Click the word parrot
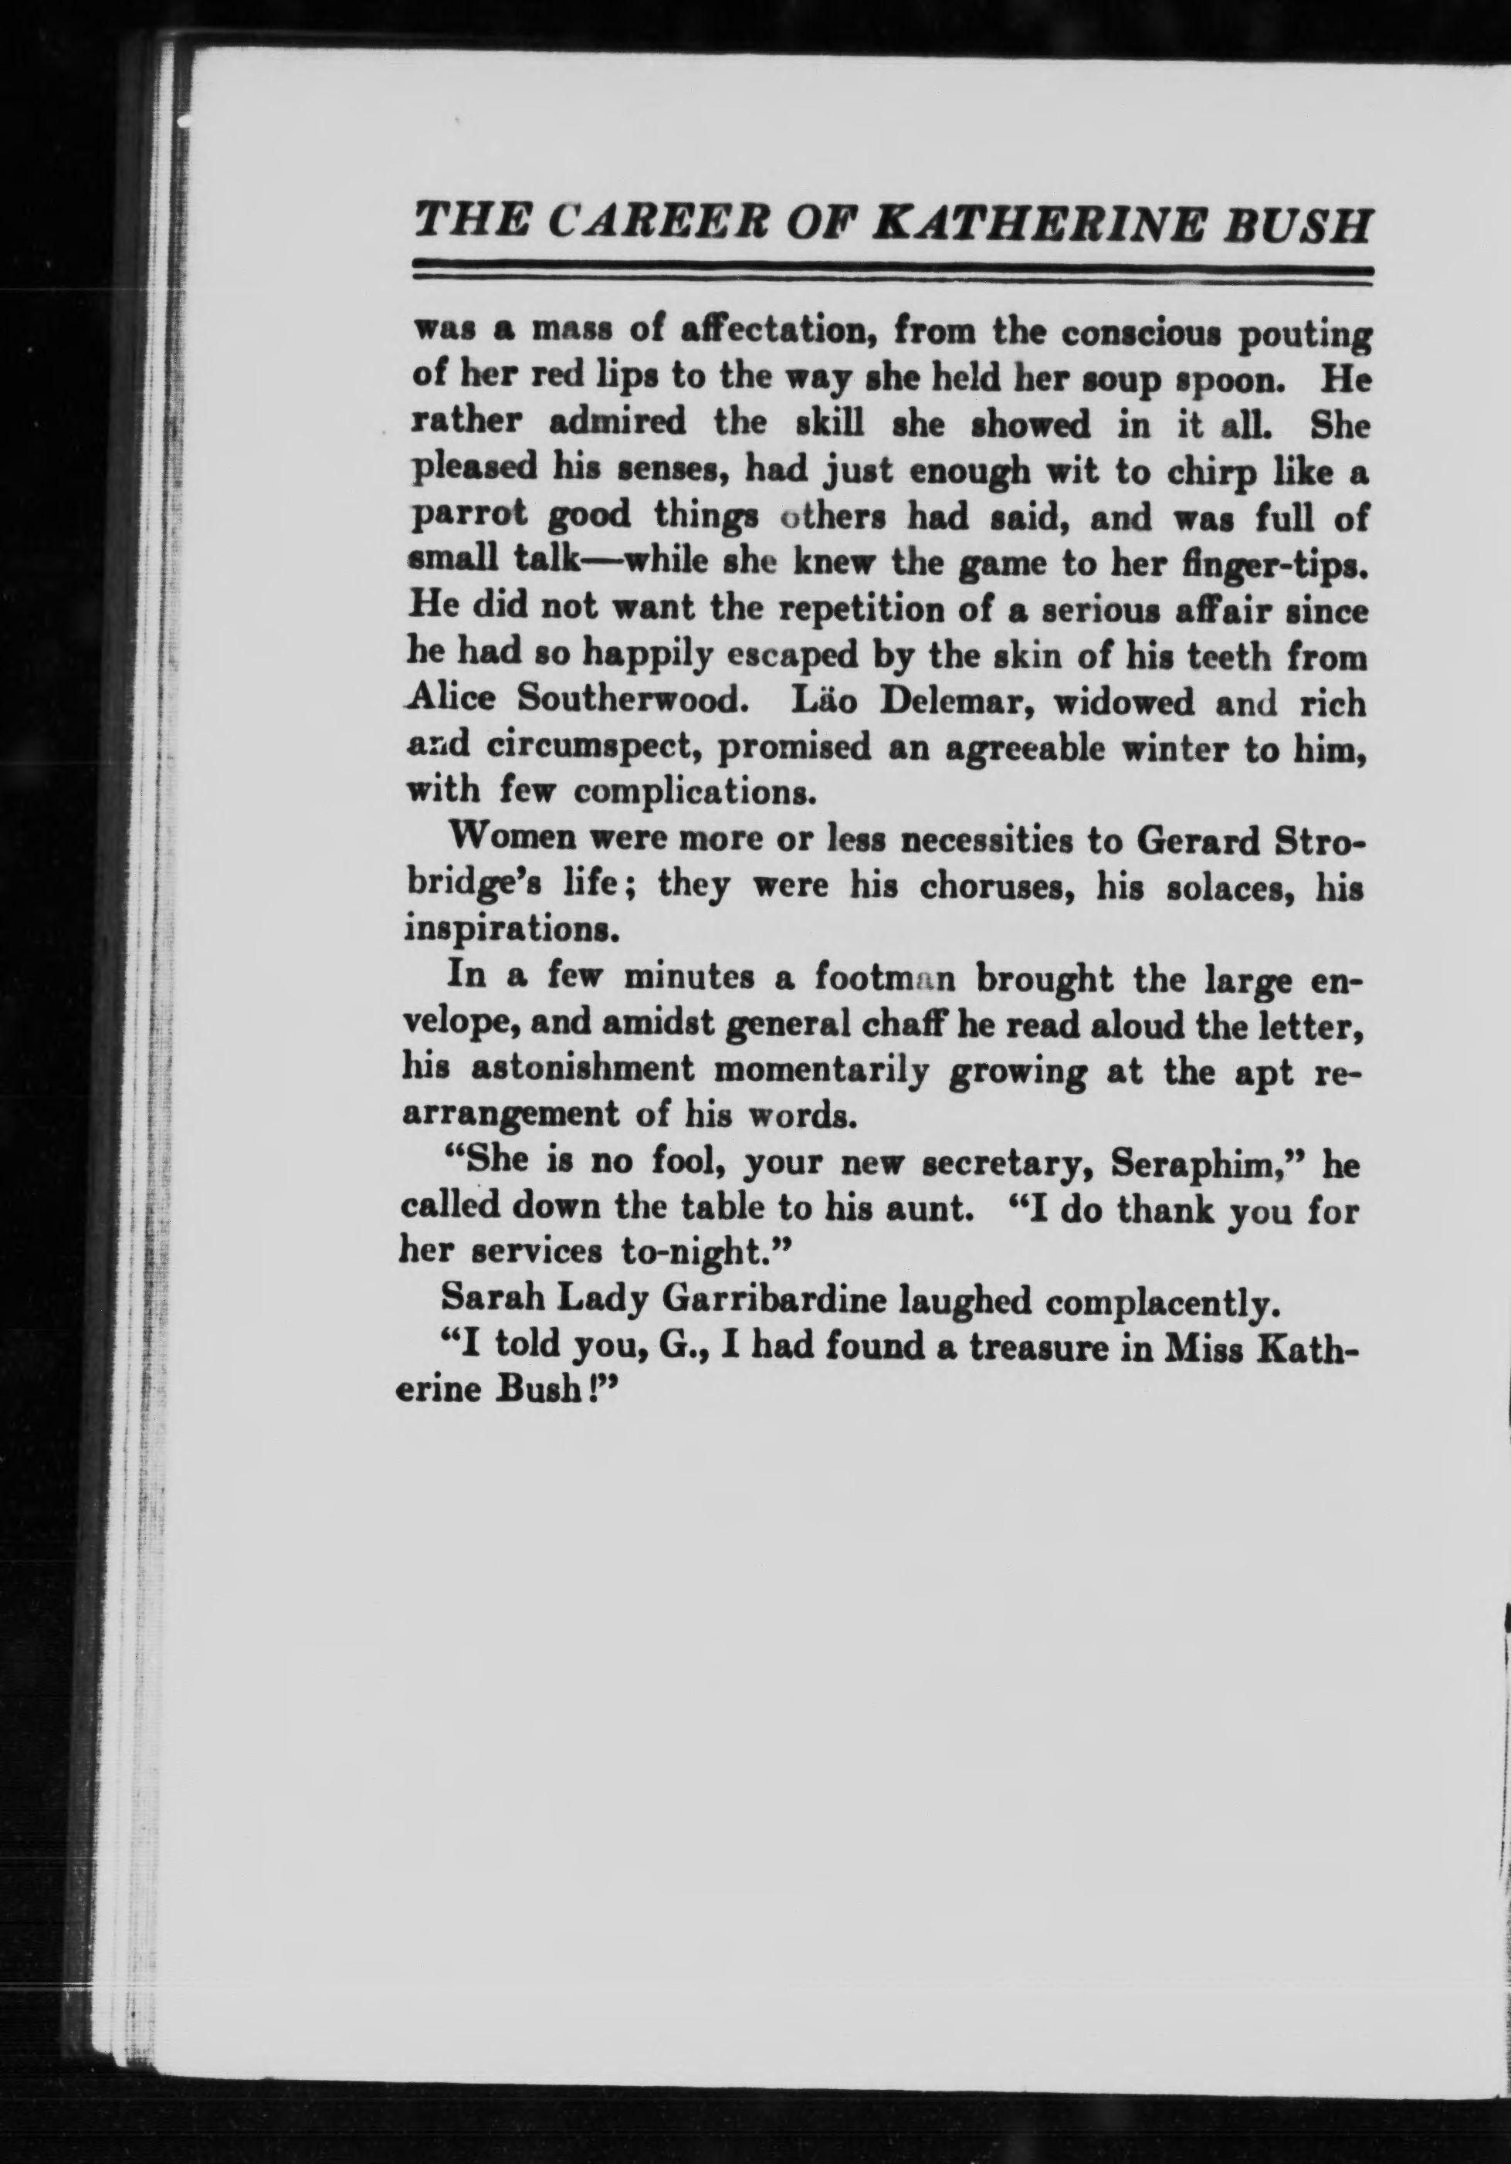coord(458,518)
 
